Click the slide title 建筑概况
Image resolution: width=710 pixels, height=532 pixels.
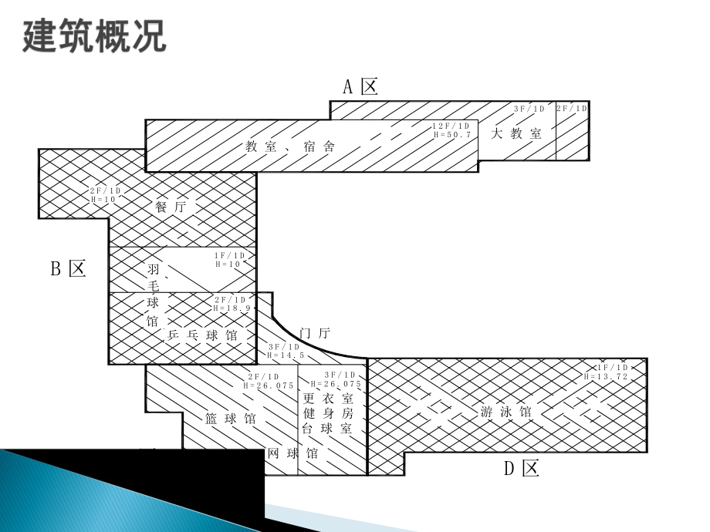(95, 36)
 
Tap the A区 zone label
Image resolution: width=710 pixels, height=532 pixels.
(360, 86)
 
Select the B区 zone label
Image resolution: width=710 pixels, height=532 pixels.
(68, 268)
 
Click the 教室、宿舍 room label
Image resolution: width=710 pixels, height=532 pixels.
(290, 146)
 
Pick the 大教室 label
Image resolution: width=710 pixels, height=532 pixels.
(516, 133)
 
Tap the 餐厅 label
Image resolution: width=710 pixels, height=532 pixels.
(171, 207)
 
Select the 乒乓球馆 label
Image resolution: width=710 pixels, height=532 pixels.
(202, 336)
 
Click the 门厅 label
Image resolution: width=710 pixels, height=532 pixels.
(314, 333)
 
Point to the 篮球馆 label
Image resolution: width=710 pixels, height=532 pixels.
(231, 419)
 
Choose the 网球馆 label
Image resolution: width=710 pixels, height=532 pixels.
(292, 453)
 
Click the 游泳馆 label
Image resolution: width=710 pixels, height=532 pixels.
(506, 412)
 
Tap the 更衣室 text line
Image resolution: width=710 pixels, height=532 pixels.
(327, 399)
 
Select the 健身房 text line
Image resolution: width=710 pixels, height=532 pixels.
(327, 413)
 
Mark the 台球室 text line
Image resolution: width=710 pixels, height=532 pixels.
(327, 428)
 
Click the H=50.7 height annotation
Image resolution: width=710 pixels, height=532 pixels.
(451, 134)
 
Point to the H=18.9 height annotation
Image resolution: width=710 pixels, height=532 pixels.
(230, 308)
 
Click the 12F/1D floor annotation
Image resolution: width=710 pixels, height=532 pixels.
(451, 126)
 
